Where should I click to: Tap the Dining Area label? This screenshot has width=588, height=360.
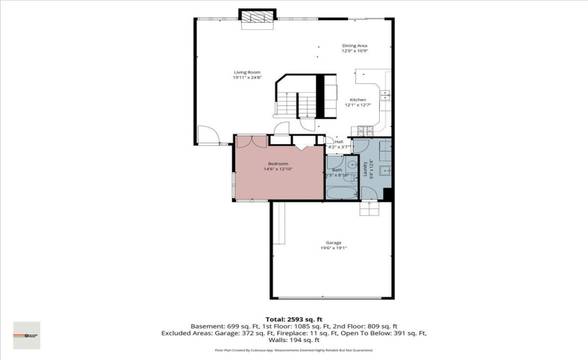point(354,46)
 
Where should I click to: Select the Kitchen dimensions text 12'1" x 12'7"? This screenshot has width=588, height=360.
point(358,105)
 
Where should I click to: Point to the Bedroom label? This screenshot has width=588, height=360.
point(278,163)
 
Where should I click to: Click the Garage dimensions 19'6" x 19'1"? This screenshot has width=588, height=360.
point(333,248)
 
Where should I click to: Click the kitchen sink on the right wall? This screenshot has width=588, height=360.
point(385,96)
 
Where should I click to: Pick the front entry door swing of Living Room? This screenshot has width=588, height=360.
point(207,134)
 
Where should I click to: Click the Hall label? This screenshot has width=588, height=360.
point(339,142)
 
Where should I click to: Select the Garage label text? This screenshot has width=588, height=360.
point(333,242)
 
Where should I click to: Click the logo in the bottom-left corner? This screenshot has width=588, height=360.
point(27,335)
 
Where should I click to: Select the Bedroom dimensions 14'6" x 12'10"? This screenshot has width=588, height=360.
point(278,169)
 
